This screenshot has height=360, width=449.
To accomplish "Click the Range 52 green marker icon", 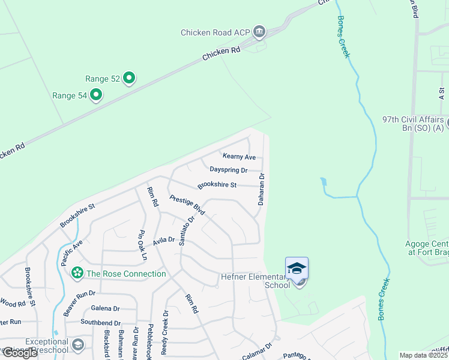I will tap(129, 78).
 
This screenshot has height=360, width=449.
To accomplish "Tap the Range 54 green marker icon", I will tap(95, 95).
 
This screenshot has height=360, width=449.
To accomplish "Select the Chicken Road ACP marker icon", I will tap(259, 31).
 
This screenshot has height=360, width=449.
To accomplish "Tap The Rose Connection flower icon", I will tap(77, 274).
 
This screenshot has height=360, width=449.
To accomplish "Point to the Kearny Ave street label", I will tap(240, 157).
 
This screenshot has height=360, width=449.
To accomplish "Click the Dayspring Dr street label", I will tap(229, 170).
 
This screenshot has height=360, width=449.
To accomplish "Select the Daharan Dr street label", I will tap(262, 190).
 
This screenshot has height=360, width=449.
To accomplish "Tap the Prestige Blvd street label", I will tap(187, 205).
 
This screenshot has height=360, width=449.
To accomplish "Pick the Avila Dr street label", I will tap(163, 240).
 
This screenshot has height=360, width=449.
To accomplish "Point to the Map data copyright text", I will tap(424, 355).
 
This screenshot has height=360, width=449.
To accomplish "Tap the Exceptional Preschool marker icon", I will tap(78, 344).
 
